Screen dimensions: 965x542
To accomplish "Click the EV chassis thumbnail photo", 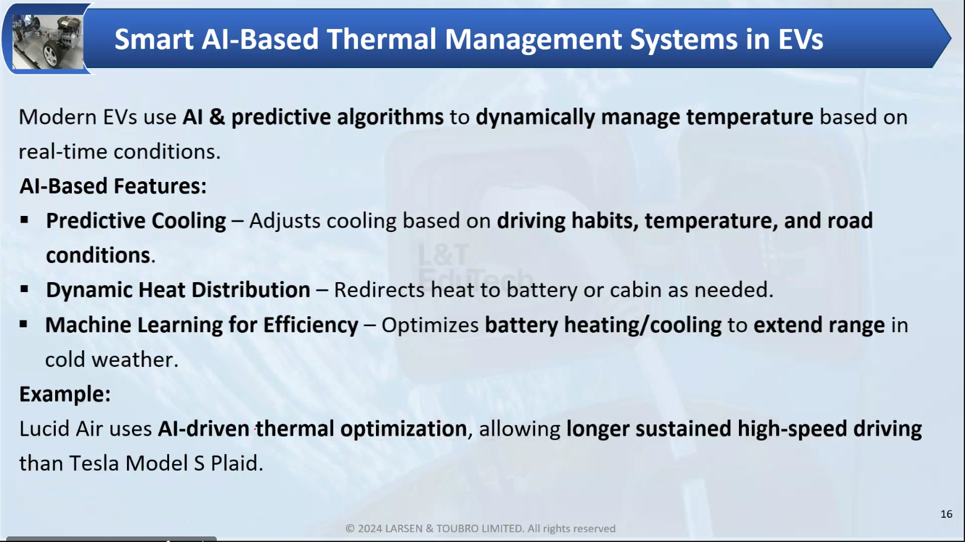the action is coord(48,41).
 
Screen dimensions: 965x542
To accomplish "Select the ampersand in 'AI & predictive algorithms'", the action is coord(217,117).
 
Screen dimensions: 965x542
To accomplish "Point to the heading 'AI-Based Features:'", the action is coord(113,186).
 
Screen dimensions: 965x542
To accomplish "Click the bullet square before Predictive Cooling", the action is coord(24,220).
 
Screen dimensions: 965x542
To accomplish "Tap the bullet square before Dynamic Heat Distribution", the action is coord(24,290).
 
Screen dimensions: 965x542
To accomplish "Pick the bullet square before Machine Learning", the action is coord(24,324).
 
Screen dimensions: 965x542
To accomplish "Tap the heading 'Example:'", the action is coord(65,394).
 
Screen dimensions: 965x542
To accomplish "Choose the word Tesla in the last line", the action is coord(94,463).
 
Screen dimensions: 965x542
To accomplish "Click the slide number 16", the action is coord(946,514).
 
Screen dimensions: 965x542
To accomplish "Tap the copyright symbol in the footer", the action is coord(350,528).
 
